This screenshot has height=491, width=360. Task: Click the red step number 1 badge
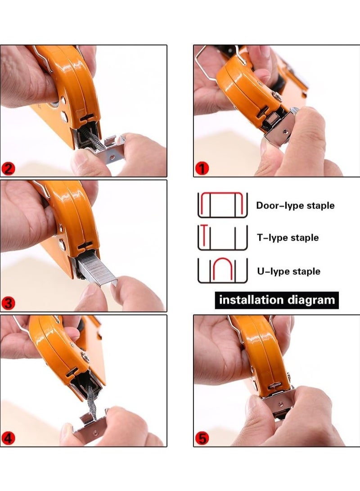tap(202, 169)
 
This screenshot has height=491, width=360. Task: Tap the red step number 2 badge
tap(9, 169)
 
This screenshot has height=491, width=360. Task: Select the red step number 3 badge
tap(9, 303)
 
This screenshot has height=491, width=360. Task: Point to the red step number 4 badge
tap(9, 438)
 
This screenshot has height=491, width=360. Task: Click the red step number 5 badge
tap(202, 438)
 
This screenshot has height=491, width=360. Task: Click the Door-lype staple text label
tap(295, 206)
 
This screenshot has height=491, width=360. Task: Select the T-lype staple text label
tap(288, 238)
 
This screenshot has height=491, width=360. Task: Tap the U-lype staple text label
tap(288, 271)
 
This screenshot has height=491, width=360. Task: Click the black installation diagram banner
tap(276, 300)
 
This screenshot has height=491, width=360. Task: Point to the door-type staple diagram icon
tap(223, 205)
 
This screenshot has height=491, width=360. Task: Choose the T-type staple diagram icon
tap(223, 237)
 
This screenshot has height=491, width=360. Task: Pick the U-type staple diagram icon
tap(223, 270)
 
